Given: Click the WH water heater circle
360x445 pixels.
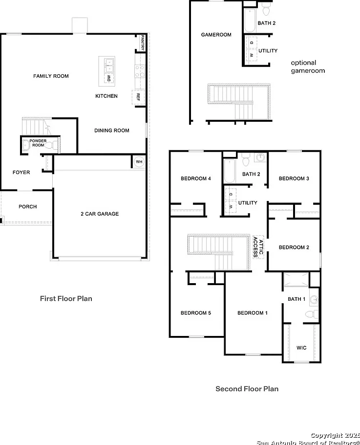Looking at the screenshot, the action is tap(139, 162).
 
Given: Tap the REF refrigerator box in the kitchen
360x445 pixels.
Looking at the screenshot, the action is tap(138, 97).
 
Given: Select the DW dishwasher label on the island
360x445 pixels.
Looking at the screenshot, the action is tap(109, 78).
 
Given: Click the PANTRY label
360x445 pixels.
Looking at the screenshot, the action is tap(142, 43).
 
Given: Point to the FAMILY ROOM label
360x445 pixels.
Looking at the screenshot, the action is tap(51, 76).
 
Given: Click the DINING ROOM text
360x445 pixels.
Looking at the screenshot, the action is tap(112, 131).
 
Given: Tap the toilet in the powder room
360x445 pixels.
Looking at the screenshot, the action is tap(52, 146).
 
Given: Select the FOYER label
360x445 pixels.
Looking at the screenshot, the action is tap(21, 172).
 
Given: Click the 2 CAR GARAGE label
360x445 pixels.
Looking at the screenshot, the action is tap(100, 214).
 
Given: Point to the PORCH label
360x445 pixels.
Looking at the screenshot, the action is tap(28, 206).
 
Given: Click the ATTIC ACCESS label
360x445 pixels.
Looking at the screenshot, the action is tap(258, 247).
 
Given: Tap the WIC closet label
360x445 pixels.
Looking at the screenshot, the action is tap(301, 348).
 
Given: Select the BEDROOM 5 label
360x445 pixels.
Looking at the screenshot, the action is tap(196, 313).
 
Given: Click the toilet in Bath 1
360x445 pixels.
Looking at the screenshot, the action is tap(312, 314).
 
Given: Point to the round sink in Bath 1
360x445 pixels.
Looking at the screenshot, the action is tap(314, 300).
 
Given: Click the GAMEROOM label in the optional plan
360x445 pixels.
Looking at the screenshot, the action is tap(216, 35).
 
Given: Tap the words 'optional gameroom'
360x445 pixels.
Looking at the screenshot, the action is tap(308, 67).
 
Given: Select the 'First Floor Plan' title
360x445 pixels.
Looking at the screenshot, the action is tap(66, 299).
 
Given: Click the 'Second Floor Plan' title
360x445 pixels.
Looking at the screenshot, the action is tap(247, 389).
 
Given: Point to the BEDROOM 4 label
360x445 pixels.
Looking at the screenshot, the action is tap(196, 178).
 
